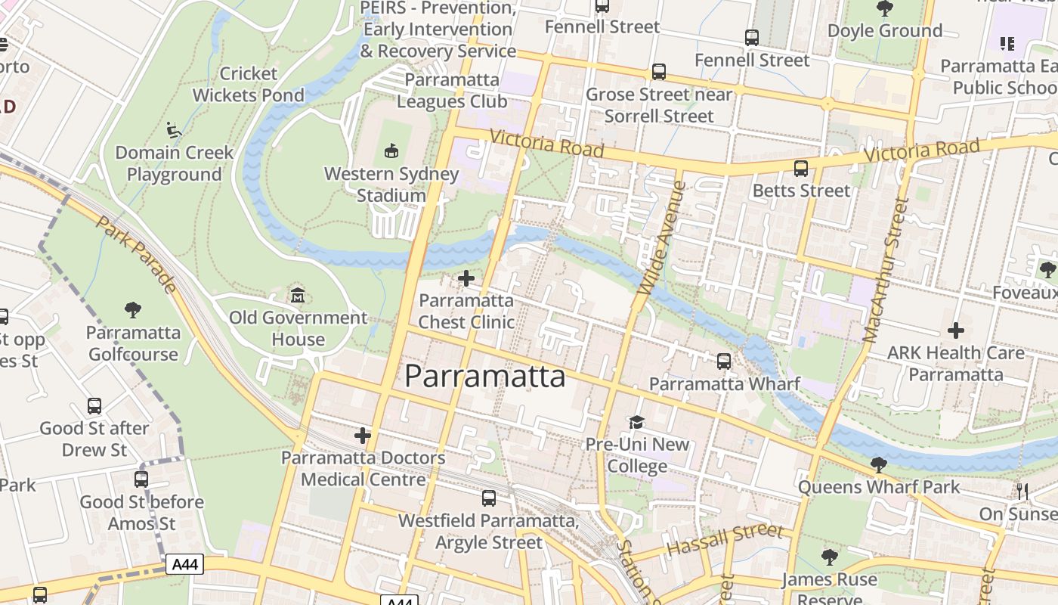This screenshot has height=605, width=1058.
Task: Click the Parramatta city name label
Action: click(484, 376)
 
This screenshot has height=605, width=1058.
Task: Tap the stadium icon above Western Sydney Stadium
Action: click(391, 151)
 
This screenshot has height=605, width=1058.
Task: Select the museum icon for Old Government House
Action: click(298, 295)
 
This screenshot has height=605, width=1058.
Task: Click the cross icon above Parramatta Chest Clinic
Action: click(466, 278)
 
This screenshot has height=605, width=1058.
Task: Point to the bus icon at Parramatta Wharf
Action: click(724, 361)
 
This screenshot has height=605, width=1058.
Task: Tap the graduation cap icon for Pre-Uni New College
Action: click(637, 422)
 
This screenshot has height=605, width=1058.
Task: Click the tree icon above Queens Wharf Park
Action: click(878, 464)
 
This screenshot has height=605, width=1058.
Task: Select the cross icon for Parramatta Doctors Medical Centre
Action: click(363, 436)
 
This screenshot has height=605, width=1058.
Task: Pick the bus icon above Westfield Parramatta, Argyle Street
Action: click(489, 498)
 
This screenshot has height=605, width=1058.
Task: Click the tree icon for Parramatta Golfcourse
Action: click(133, 310)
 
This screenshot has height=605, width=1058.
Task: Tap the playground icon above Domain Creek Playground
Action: click(174, 130)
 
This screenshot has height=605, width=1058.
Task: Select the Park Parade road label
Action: click(137, 254)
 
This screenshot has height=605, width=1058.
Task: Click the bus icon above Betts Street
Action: click(801, 169)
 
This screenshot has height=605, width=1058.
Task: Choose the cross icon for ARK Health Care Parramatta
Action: click(956, 330)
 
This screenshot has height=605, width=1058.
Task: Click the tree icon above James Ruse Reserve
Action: click(830, 558)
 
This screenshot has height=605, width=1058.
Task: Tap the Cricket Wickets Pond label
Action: click(248, 84)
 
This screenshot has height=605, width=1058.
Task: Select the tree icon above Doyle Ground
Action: click(884, 9)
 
